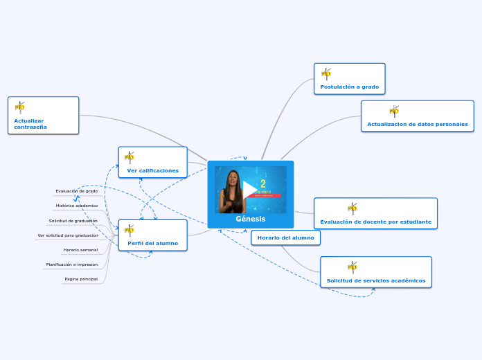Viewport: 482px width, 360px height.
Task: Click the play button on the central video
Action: [250, 189]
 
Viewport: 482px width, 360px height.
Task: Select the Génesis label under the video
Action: [250, 219]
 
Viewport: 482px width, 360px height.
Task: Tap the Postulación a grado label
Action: [349, 87]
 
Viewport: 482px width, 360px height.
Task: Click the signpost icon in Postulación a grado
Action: [326, 74]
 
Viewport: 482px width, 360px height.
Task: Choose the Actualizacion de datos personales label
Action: [417, 125]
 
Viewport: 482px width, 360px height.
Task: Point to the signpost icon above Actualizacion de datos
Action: [394, 111]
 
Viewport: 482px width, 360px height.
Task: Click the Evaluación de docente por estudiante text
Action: [375, 222]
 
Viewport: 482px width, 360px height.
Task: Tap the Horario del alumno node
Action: [285, 237]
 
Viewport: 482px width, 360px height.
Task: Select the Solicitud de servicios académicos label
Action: [376, 281]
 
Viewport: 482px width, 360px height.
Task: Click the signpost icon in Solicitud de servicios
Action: [352, 267]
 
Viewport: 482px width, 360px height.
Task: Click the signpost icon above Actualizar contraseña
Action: [20, 107]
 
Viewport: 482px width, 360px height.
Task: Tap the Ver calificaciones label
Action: [152, 170]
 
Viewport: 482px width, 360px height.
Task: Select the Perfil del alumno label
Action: [152, 243]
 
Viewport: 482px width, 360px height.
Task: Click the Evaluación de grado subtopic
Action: [77, 191]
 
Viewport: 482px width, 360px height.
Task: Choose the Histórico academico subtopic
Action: [77, 206]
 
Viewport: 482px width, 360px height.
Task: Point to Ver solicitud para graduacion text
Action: [68, 235]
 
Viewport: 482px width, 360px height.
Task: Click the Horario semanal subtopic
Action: [80, 250]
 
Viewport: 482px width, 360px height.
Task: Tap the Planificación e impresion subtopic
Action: [72, 264]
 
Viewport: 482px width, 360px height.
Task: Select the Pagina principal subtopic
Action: [81, 279]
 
